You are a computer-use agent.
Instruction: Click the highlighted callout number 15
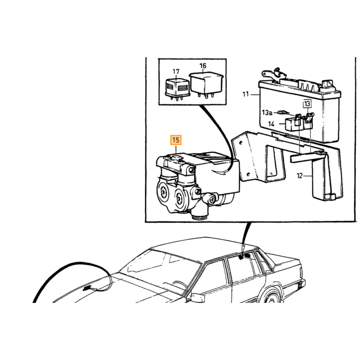coord(176,140)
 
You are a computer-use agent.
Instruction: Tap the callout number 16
coord(203,66)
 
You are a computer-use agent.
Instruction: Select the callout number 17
coord(176,71)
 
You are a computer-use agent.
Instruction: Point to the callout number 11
coord(246,94)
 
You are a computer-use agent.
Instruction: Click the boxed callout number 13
coord(307,103)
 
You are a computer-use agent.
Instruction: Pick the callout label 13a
coord(267,113)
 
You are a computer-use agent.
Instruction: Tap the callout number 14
coord(271,124)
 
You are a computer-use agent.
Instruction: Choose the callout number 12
coord(300,176)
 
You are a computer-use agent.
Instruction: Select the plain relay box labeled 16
coord(206,84)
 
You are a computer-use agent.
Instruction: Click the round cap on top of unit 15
coord(176,157)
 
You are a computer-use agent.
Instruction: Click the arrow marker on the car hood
coord(87,287)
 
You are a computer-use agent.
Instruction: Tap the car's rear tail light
coord(300,286)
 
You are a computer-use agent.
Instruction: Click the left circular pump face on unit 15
coord(164,191)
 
